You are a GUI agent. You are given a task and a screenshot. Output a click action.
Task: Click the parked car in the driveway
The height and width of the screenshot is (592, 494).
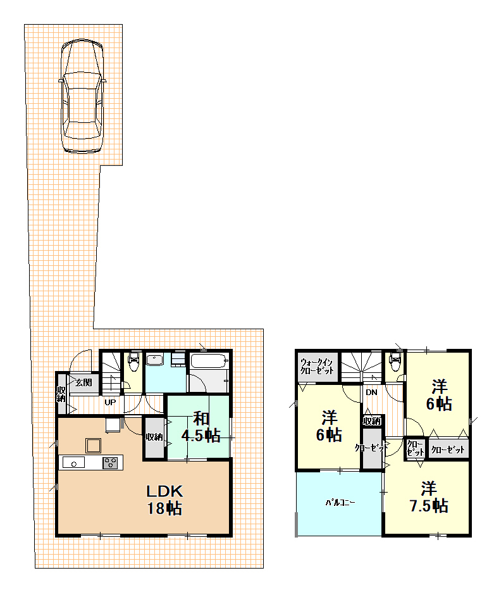coord(82,96)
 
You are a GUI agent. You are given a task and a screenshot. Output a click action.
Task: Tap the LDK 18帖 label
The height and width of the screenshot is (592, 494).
coord(164,500)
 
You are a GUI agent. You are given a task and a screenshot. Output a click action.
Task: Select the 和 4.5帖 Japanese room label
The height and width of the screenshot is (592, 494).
coord(201,427)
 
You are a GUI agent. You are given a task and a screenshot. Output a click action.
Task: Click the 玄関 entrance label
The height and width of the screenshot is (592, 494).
coord(83,382)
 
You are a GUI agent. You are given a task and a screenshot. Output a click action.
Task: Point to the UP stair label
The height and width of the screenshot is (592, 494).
coord(110,403)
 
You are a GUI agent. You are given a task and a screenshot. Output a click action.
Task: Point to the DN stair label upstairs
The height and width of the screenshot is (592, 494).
coord(371,393)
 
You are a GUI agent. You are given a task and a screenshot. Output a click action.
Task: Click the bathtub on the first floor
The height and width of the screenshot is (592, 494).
coord(209,362)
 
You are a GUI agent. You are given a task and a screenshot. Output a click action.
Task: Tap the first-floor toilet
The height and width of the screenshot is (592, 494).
coord(133,362)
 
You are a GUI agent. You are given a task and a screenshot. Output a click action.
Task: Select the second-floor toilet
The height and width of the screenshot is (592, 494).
coord(395,362)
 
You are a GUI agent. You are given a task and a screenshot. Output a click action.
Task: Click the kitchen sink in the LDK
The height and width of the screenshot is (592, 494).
coord(74,462)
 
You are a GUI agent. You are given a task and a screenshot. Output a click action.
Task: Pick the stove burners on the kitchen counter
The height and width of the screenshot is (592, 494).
coord(111,462)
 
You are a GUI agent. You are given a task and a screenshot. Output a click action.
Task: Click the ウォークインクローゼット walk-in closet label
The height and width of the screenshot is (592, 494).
coord(317,366)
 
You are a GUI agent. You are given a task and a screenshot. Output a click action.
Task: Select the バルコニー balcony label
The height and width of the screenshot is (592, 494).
coord(340,503)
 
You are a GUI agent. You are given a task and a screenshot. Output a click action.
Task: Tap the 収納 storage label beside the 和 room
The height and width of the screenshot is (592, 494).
coord(154,437)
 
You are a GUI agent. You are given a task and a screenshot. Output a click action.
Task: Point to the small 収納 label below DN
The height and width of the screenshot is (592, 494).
coord(372,420)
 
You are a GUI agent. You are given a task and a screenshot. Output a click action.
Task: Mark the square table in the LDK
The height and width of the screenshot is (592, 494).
coord(93,446)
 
